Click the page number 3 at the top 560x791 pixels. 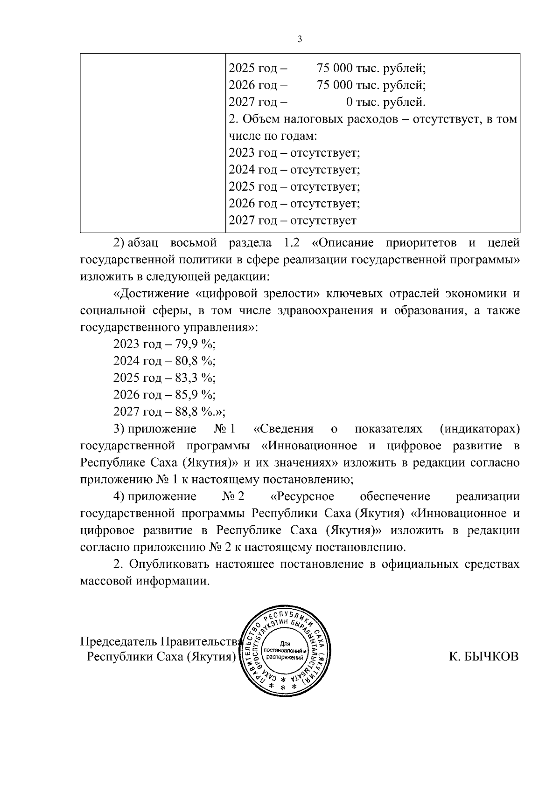[300, 40]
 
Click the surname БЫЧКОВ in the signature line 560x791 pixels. [483, 657]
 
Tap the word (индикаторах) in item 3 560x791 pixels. [479, 429]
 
